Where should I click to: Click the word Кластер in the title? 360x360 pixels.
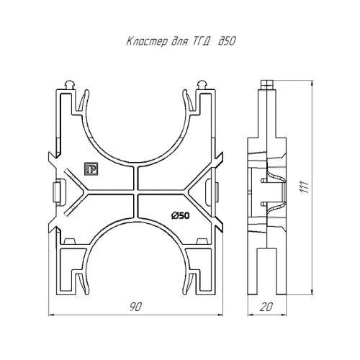[x=147, y=42]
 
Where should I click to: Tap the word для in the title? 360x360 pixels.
[x=179, y=42]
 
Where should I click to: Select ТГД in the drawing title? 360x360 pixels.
[x=201, y=42]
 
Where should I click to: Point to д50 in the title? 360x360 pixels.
[x=227, y=41]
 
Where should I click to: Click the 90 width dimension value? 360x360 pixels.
[x=135, y=307]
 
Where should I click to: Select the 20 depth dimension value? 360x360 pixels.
[x=266, y=307]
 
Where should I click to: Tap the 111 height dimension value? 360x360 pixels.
[x=305, y=186]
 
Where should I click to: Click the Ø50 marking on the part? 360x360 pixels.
[x=181, y=216]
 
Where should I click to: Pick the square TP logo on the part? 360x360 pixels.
[x=91, y=168]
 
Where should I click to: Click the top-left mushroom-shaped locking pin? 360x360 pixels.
[x=70, y=85]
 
